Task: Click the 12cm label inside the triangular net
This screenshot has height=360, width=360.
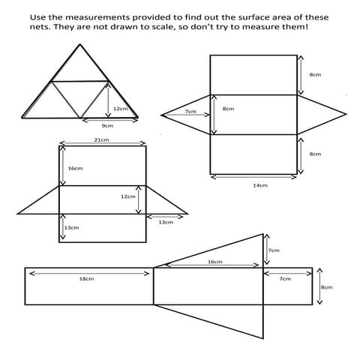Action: (x=120, y=109)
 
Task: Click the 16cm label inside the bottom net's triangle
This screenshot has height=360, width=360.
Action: (x=214, y=262)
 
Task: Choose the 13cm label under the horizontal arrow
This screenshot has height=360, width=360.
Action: (x=166, y=222)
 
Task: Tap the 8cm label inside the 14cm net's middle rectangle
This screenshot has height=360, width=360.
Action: (x=228, y=109)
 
